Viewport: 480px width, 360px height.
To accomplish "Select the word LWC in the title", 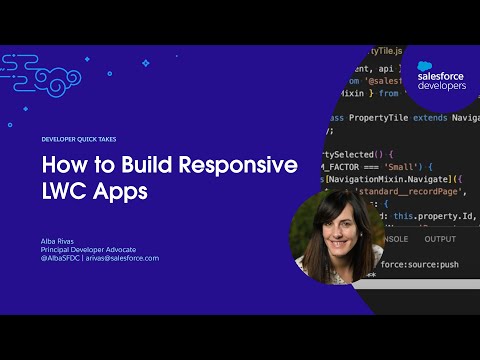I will tap(66, 191).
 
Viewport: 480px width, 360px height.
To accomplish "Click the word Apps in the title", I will tap(122, 192).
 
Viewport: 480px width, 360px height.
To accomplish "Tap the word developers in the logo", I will tap(441, 86).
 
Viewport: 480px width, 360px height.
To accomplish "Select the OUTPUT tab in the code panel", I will tap(440, 239).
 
